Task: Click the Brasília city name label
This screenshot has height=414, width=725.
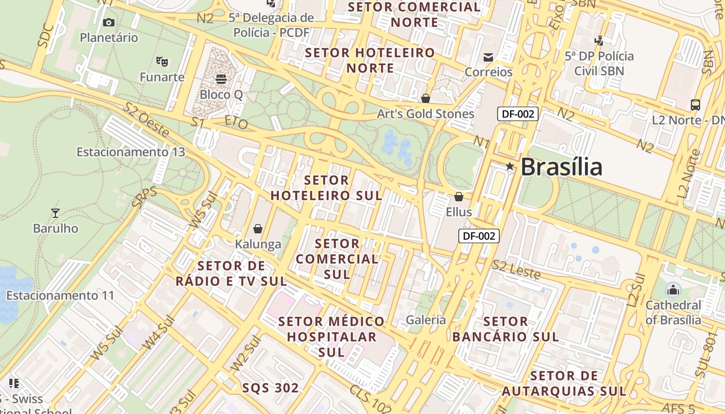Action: point(561,167)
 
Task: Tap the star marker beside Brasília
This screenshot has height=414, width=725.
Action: point(510,166)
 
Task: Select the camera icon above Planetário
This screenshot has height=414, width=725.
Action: point(109,22)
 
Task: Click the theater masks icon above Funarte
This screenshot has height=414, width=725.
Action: point(162,62)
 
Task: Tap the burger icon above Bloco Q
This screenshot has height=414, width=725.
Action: point(221,79)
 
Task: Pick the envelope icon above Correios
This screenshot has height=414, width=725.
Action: point(488,57)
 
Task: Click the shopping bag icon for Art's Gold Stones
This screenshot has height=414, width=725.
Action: point(426,98)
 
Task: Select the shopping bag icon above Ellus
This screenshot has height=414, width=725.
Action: point(458,197)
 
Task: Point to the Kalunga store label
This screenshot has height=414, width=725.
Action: point(258,244)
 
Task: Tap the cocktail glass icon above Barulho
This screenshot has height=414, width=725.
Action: point(55,213)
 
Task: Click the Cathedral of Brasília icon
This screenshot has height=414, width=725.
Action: point(673,290)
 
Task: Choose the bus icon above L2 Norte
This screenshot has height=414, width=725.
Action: point(695,105)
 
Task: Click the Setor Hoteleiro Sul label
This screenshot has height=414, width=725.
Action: point(326,188)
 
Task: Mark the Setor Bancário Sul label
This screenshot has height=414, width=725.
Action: point(505,329)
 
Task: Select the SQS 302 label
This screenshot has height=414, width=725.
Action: point(270,388)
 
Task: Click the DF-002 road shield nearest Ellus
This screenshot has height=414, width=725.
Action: point(479,236)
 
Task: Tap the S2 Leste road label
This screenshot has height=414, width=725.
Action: point(516,270)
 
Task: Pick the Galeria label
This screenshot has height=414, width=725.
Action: point(426,320)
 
